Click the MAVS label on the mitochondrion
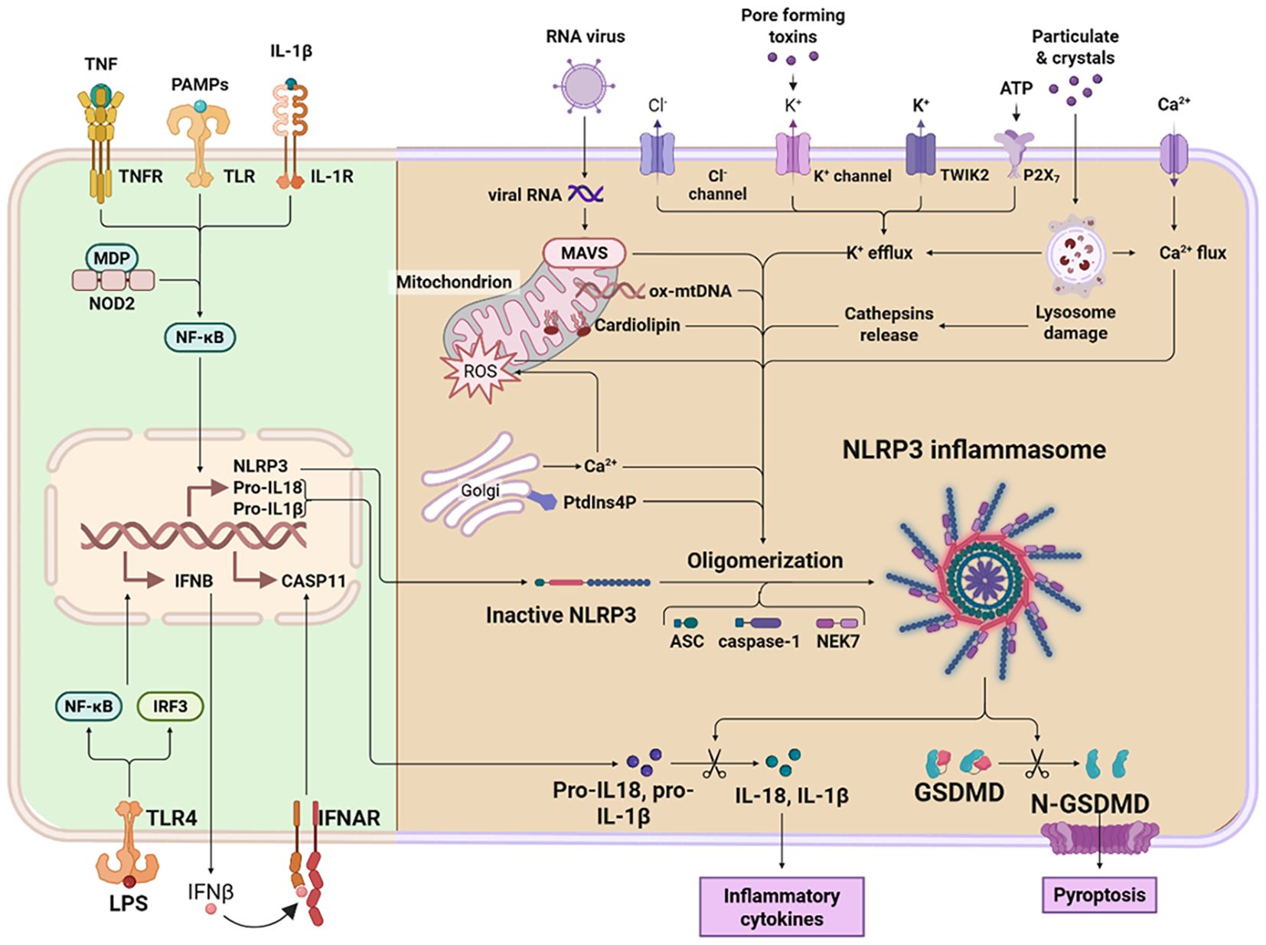pyautogui.click(x=584, y=253)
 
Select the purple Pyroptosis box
pyautogui.click(x=1099, y=894)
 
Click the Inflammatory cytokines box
pyautogui.click(x=781, y=907)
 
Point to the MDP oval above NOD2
pyautogui.click(x=112, y=258)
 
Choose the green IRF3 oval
pyautogui.click(x=170, y=706)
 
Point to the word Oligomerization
pyautogui.click(x=765, y=561)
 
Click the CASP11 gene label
pyautogui.click(x=314, y=582)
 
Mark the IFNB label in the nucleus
pyautogui.click(x=194, y=582)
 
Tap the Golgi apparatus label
pyautogui.click(x=480, y=490)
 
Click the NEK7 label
pyautogui.click(x=837, y=641)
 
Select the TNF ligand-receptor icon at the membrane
pyautogui.click(x=101, y=142)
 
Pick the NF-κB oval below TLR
pyautogui.click(x=200, y=337)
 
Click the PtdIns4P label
pyautogui.click(x=599, y=503)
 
